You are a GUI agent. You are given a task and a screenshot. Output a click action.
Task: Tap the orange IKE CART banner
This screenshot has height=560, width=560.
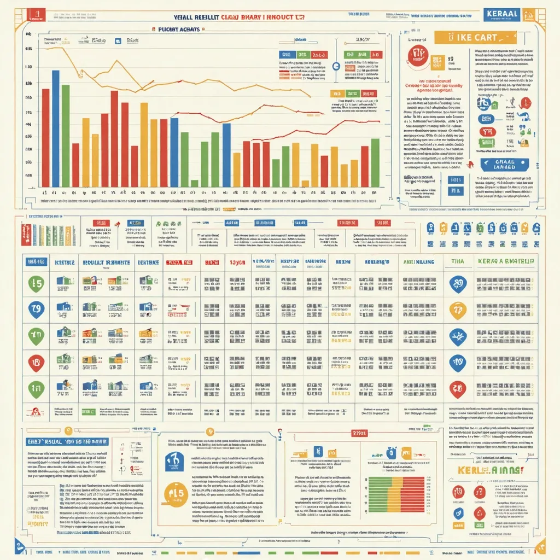(475, 38)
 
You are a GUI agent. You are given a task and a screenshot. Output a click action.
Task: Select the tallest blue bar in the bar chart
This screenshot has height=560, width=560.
(55, 128)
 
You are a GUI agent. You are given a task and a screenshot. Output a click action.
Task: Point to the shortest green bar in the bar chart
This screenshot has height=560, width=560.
(194, 183)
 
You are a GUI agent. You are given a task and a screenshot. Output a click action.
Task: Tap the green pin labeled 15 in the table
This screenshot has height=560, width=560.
(36, 283)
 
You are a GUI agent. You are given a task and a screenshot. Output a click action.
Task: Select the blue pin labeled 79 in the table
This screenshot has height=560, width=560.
(36, 309)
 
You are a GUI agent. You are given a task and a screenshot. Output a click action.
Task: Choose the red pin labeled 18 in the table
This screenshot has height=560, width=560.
(36, 361)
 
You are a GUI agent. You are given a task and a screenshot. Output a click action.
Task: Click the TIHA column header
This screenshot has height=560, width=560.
(457, 262)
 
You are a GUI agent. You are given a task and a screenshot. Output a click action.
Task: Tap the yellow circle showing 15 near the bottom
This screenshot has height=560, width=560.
(177, 493)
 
